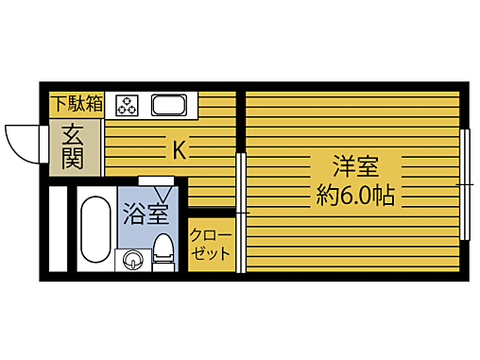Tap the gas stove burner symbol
[x=128, y=104]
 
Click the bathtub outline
[x=94, y=231]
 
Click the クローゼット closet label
[x=210, y=245]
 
